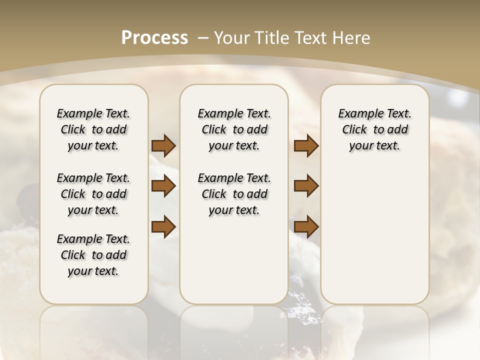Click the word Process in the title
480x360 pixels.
coord(154,37)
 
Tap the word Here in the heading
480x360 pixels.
coord(351,37)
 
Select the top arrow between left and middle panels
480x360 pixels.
coord(163,145)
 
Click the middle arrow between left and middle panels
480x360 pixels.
coord(163,186)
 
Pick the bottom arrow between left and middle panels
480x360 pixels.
coord(163,226)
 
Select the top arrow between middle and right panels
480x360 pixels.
coord(306,145)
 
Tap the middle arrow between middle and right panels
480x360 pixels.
coord(306,186)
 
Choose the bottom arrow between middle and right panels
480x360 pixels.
coord(306,226)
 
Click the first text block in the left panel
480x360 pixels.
coord(93,129)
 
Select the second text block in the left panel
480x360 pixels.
coord(93,194)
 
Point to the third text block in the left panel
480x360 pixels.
coord(93,255)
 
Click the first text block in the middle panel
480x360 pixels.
coord(234,129)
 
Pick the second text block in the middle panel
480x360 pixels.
coord(234,194)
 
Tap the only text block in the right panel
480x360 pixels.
coord(374,129)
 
